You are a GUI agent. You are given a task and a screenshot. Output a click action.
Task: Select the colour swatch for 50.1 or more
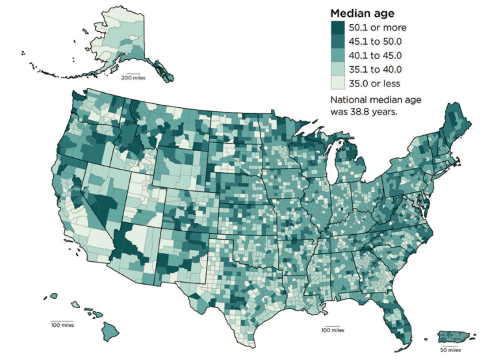pyautogui.click(x=338, y=28)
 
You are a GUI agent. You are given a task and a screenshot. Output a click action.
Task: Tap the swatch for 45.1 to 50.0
pyautogui.click(x=338, y=42)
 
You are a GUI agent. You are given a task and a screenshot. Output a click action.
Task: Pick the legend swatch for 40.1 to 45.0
pyautogui.click(x=338, y=55)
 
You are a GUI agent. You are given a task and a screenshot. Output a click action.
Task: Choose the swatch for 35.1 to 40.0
pyautogui.click(x=338, y=69)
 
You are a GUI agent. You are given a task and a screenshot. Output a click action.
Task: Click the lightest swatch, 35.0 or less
pyautogui.click(x=338, y=83)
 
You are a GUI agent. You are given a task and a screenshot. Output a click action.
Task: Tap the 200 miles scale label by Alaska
pyautogui.click(x=133, y=78)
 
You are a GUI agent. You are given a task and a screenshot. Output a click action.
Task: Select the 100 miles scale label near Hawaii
pyautogui.click(x=63, y=324)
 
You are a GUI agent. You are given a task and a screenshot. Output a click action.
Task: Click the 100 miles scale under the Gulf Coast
pyautogui.click(x=332, y=330)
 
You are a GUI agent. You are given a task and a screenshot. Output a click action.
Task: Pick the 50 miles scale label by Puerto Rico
pyautogui.click(x=449, y=350)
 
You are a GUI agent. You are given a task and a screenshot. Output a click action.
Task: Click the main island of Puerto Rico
pyautogui.click(x=455, y=337)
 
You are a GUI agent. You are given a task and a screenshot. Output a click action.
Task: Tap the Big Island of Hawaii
pyautogui.click(x=110, y=331)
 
